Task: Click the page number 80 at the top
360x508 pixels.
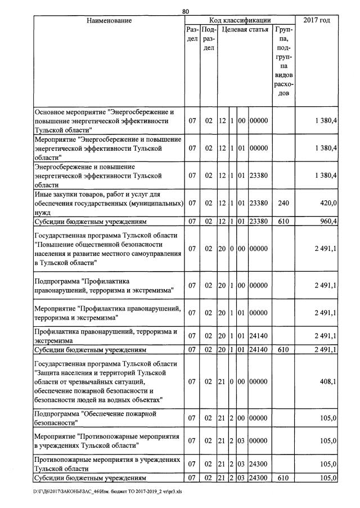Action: [x=186, y=11]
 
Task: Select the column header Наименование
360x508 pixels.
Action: [x=109, y=21]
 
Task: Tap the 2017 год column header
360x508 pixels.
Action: [x=317, y=21]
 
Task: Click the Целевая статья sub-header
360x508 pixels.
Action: [x=245, y=29]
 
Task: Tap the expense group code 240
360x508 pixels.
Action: [x=283, y=203]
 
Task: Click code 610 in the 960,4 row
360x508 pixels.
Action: [x=283, y=221]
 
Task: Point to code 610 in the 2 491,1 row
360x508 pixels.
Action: [x=283, y=350]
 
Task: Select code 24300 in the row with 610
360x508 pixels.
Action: [x=260, y=478]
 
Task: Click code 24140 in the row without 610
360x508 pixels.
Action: [x=260, y=336]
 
